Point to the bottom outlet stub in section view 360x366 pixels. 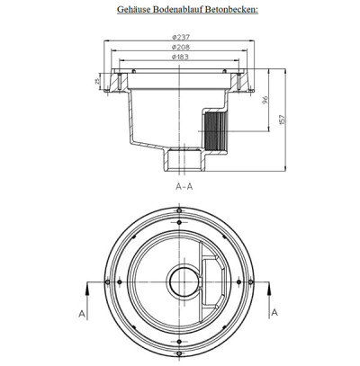(183, 162)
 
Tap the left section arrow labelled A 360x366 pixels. (87, 290)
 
